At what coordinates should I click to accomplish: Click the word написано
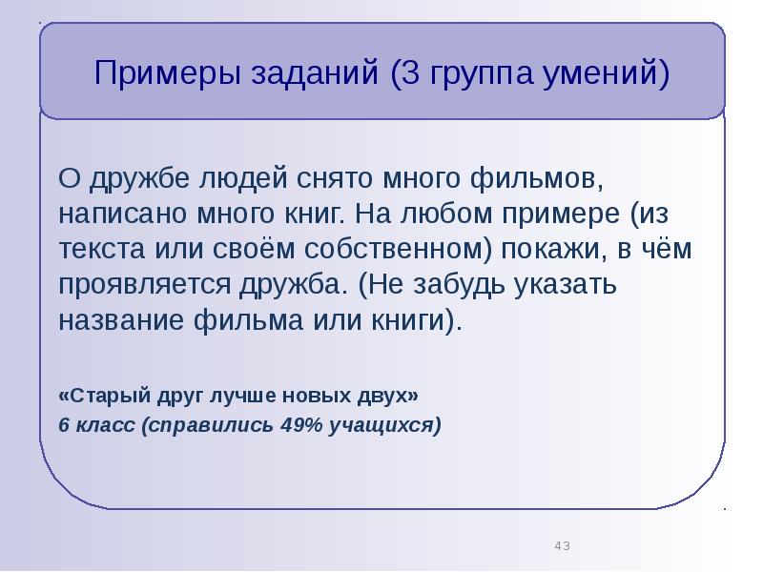pos(125,213)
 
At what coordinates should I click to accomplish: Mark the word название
pos(122,318)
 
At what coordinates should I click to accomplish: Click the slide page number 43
pos(562,546)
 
